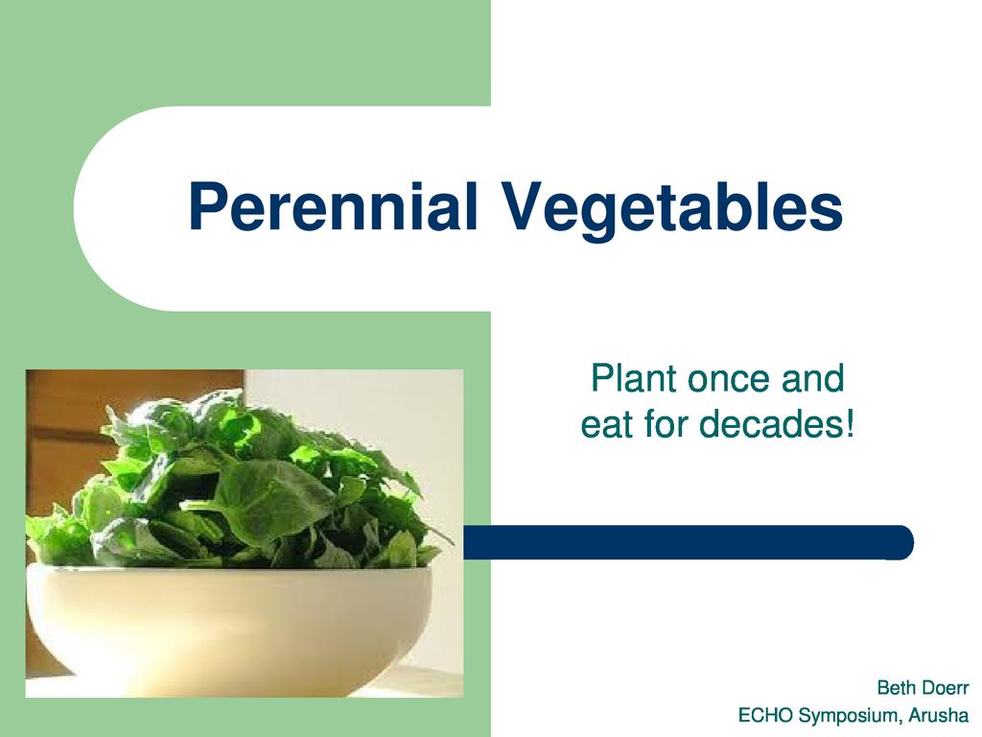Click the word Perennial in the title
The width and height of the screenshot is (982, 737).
point(333,206)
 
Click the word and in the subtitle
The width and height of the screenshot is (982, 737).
point(812,378)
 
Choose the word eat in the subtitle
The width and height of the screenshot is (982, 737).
point(607,425)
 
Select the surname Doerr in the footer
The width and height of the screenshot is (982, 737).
point(944,687)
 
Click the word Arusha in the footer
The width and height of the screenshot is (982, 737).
point(938,715)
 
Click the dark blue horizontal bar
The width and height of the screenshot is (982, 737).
point(689,542)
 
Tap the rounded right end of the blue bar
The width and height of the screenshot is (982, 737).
point(905,542)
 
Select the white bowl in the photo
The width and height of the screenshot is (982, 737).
point(229,627)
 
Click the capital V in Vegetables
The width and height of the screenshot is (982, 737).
point(525,206)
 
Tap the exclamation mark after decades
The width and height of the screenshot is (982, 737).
point(850,423)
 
